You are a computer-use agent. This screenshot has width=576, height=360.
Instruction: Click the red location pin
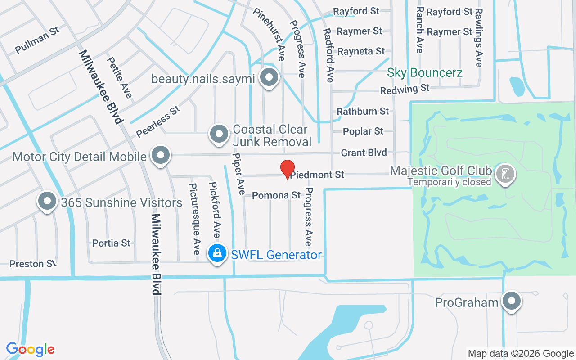(x=288, y=169)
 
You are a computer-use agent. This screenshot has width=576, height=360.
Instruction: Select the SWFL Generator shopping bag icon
(x=217, y=253)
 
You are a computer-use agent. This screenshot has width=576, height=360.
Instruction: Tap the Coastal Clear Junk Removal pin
(x=220, y=133)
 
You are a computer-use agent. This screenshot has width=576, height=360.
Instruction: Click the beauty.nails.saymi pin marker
(x=269, y=77)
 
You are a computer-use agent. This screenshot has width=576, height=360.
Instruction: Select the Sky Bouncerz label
(x=425, y=72)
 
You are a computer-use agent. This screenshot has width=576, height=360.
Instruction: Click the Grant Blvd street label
(x=364, y=153)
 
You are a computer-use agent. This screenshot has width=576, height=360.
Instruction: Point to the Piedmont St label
(x=317, y=175)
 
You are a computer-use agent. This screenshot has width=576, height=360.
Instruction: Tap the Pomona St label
(x=276, y=195)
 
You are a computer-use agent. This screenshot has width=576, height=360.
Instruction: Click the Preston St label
(x=33, y=264)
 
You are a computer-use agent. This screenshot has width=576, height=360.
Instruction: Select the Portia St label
(x=111, y=243)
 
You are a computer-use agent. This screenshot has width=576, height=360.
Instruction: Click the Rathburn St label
(x=363, y=111)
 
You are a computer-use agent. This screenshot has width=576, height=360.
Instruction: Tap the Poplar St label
(x=363, y=131)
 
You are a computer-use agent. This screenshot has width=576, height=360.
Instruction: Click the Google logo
(x=31, y=349)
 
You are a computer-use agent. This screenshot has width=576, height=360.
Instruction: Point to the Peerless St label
(x=158, y=122)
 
